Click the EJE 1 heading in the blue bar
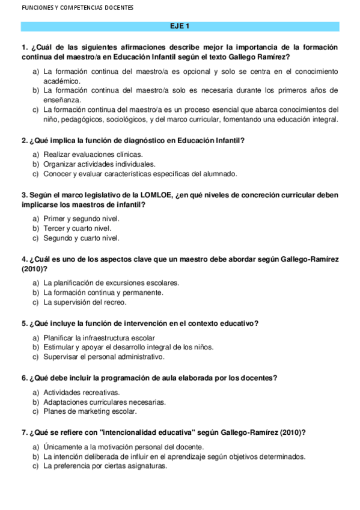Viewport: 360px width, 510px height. [x=180, y=26]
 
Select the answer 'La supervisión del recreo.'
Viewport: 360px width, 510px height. [x=85, y=302]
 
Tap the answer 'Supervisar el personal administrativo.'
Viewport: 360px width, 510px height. [x=103, y=357]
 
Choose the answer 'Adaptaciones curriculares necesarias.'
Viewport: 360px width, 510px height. [x=105, y=402]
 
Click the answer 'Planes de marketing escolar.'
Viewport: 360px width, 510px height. [x=90, y=411]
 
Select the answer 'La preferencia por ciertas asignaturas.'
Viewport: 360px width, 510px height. [x=105, y=465]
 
